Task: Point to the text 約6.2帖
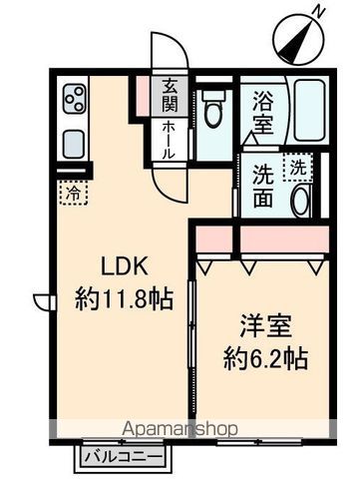point(263,355)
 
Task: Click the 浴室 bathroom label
point(263,112)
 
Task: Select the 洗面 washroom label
point(263,184)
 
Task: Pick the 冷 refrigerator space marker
point(73,192)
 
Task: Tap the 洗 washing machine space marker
point(298,168)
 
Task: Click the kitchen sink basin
point(75,143)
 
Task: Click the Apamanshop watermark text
point(179,429)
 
